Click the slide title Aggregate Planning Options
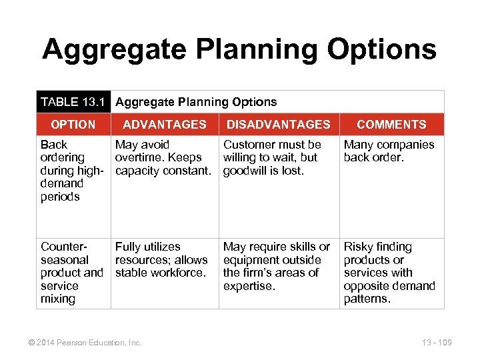(239, 49)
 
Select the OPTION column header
(73, 124)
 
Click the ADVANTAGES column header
(165, 124)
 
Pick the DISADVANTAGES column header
(278, 124)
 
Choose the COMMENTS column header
(391, 124)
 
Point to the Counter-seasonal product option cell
(71, 273)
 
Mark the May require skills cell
(276, 266)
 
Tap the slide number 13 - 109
(437, 343)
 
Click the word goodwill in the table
(245, 171)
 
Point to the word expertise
(249, 286)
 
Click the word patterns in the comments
(367, 299)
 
